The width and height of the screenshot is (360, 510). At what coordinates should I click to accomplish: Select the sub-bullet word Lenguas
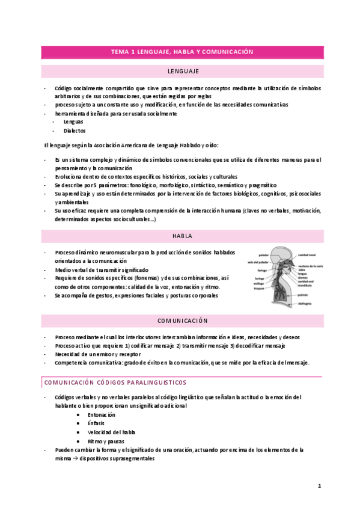(x=73, y=121)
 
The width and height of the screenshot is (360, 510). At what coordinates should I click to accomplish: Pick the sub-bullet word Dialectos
(x=75, y=131)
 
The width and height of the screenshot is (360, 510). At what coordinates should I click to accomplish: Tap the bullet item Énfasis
(x=96, y=423)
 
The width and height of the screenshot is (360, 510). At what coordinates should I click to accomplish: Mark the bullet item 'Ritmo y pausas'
(x=106, y=441)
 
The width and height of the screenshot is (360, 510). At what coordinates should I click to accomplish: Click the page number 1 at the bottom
(x=320, y=485)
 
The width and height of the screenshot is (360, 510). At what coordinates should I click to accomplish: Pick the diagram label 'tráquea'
(x=260, y=288)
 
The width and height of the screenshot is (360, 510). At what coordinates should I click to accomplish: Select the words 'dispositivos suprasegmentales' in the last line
(x=116, y=458)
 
